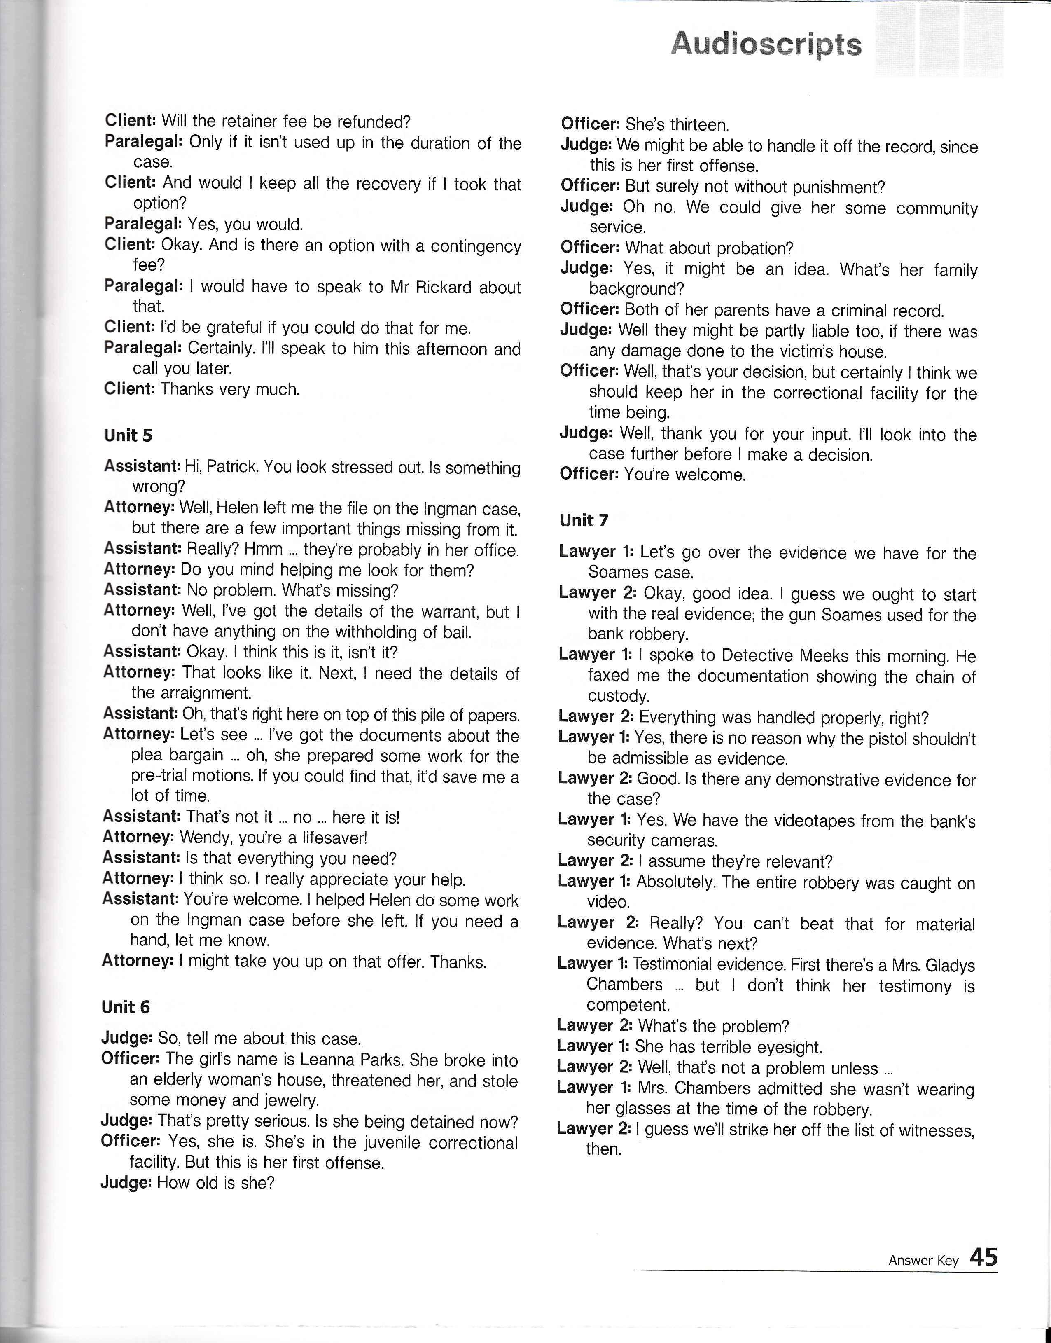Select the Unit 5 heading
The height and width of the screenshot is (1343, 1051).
(128, 436)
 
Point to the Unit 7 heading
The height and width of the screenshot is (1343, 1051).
(584, 521)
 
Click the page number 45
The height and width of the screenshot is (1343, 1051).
(983, 1257)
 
